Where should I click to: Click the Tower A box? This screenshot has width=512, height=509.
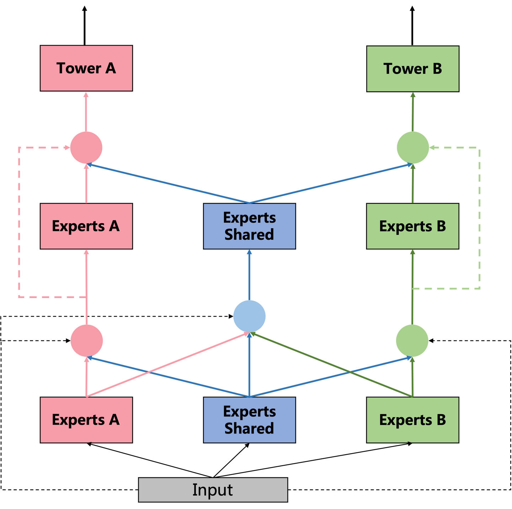pos(86,68)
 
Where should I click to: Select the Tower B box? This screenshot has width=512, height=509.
pos(412,69)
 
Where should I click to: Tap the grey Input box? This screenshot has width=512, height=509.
pos(213,490)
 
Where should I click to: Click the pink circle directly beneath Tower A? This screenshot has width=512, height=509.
pos(86,147)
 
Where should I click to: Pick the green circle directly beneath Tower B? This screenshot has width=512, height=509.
pos(412,147)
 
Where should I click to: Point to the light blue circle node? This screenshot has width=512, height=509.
pos(249,316)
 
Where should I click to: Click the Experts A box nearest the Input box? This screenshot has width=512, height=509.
pos(86,420)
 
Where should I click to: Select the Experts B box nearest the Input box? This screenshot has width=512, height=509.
pos(412,420)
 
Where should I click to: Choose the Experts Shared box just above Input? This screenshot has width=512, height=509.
pos(249,420)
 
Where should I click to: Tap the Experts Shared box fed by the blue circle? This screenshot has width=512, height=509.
pos(249,226)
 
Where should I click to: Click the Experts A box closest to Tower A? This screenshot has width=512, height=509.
pos(86,226)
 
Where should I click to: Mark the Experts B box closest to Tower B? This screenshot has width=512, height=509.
pos(412,226)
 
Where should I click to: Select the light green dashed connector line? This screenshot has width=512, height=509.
pos(480,221)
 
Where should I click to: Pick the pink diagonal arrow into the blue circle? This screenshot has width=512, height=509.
pos(167,365)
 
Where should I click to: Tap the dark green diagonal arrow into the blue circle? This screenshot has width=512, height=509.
pos(331,365)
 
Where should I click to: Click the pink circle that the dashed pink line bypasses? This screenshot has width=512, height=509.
pos(86,340)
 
